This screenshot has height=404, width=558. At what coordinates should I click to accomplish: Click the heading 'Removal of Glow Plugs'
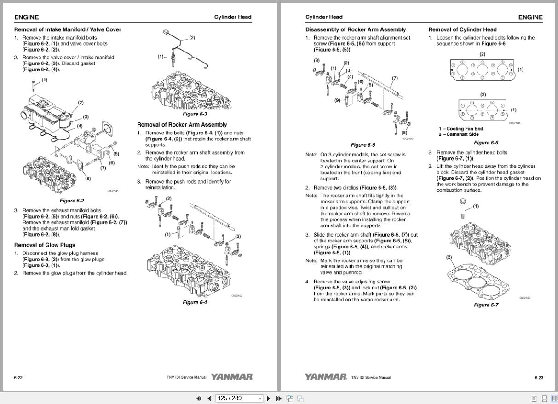45,245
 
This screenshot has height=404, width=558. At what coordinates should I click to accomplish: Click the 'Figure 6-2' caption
72,201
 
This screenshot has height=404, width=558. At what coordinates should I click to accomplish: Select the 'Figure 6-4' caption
195,302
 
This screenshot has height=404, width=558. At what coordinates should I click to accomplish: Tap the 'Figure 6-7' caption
486,305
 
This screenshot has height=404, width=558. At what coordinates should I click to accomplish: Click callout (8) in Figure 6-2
87,179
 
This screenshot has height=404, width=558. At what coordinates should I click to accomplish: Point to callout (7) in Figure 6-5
395,78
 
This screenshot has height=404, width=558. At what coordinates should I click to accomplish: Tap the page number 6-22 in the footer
18,378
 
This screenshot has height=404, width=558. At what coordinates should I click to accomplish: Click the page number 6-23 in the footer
539,378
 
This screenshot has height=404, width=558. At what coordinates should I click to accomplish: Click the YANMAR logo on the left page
232,377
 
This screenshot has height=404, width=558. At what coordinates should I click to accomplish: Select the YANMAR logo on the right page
326,377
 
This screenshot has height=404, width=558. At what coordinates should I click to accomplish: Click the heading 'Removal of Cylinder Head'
462,29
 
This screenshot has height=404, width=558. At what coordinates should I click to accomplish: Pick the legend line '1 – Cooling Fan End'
460,129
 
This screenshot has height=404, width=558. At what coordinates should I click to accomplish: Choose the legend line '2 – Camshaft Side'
458,134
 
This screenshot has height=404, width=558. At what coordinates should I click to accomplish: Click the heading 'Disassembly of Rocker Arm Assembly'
356,29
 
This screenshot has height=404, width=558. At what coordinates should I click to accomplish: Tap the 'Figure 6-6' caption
486,143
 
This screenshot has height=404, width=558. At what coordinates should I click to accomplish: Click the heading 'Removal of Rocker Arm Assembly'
182,125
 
